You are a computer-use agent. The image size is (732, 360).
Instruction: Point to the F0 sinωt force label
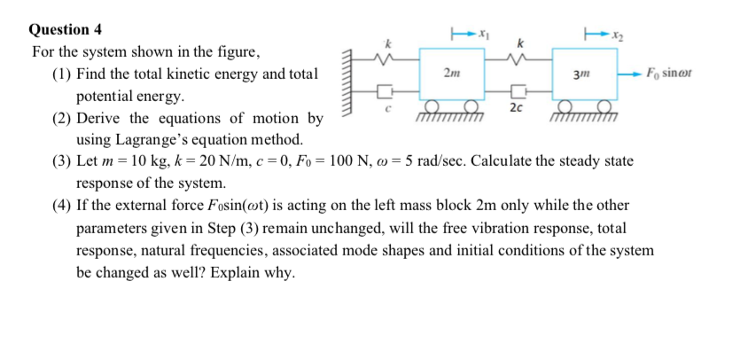point(668,72)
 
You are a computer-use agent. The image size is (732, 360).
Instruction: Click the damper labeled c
point(384,91)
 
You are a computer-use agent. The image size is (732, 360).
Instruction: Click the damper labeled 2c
point(518,91)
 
